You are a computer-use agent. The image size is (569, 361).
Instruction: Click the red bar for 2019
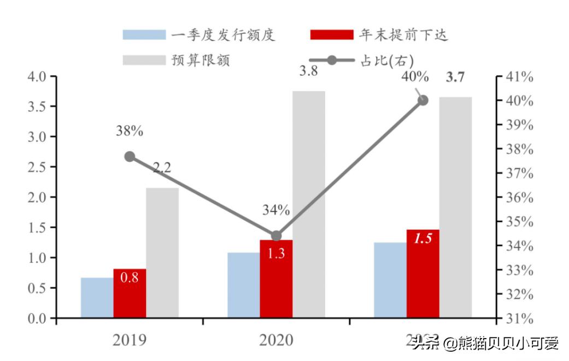coord(130,293)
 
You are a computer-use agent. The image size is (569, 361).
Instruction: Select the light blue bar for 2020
coord(243,285)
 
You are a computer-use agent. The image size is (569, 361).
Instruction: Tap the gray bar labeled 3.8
coord(308,204)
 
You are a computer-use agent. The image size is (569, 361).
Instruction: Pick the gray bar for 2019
coord(162,252)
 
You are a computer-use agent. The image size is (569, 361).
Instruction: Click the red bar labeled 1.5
coord(423,274)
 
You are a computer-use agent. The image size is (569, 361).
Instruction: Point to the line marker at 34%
coord(277,236)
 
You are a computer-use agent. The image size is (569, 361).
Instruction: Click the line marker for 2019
coord(130,157)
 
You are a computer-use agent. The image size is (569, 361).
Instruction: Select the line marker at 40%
coord(423,100)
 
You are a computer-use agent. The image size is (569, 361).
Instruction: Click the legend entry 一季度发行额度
coord(200,35)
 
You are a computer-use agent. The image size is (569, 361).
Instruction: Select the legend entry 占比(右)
coord(361,60)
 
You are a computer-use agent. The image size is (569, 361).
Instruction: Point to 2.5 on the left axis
coord(37,167)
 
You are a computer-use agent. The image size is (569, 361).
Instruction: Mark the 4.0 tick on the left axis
coord(37,76)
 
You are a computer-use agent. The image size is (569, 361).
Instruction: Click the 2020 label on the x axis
coord(276,340)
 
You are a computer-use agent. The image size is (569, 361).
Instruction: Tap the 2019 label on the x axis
coord(130,340)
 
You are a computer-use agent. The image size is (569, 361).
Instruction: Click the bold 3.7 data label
coord(455,77)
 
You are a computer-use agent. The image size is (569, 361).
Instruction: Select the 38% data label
coord(130,131)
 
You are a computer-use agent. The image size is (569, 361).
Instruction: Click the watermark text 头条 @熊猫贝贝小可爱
coord(485,344)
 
